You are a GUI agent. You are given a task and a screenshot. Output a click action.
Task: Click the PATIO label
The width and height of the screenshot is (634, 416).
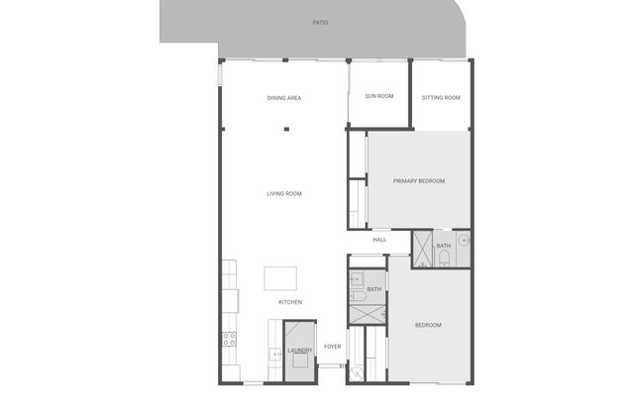click(320, 23)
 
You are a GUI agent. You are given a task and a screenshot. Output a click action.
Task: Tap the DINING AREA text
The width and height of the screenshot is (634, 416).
click(284, 98)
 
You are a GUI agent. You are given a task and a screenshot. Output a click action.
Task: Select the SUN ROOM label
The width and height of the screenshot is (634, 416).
click(379, 96)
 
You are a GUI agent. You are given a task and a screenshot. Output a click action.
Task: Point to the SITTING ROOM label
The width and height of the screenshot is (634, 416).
click(441, 98)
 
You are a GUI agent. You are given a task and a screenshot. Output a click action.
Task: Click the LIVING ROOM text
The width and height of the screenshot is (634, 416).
click(284, 194)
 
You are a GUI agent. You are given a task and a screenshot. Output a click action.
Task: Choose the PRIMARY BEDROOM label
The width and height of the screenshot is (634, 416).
click(419, 181)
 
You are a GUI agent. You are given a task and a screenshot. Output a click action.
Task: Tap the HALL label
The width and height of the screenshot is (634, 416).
click(379, 240)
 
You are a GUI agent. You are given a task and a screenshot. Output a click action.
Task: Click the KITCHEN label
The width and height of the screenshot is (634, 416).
click(290, 302)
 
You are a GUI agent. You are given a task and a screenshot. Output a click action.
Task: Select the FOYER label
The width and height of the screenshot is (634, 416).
click(333, 347)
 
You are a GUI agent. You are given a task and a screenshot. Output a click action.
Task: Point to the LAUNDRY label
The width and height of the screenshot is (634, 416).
click(300, 350)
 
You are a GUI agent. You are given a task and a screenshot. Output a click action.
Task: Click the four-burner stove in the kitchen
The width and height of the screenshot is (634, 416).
click(229, 339)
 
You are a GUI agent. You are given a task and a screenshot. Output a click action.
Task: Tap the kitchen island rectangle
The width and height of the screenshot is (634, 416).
click(280, 278)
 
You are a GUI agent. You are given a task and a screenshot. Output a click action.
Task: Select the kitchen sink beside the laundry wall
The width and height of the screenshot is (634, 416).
click(275, 355)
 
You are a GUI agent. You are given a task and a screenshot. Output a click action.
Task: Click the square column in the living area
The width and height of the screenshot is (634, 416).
click(286, 130)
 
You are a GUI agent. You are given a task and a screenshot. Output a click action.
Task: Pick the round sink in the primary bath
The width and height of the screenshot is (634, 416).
click(464, 241)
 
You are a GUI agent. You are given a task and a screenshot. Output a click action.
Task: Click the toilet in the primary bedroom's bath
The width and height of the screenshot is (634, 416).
click(444, 259)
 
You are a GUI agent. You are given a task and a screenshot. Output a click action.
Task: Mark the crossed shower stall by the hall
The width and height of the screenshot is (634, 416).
click(422, 249)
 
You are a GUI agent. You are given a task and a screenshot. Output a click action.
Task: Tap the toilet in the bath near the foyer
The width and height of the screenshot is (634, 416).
click(358, 296)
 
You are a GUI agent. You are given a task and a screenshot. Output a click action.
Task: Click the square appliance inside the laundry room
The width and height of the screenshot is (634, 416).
click(300, 361)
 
